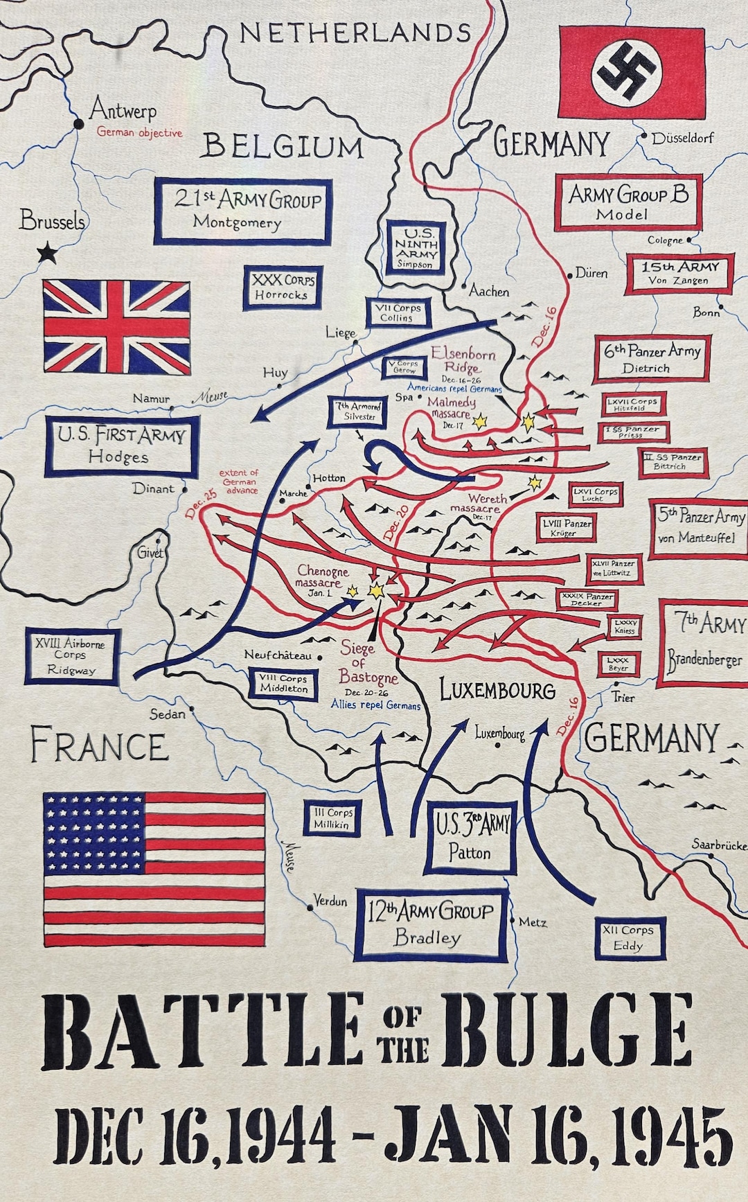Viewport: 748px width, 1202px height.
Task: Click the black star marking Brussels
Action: tap(47, 253)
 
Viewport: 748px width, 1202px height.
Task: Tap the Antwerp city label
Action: tap(123, 110)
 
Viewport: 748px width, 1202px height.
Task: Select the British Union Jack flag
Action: tap(116, 326)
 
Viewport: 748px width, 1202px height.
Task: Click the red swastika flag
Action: tap(631, 73)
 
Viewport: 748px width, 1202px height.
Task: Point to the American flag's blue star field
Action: tap(93, 832)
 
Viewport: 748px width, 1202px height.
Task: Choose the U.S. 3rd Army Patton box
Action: tap(470, 837)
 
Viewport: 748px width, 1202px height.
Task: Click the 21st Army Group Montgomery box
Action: tap(242, 211)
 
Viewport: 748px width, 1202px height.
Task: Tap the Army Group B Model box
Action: tap(628, 202)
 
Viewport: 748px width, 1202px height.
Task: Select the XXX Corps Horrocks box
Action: tap(283, 287)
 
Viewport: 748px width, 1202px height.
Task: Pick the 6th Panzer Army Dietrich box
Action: tap(652, 359)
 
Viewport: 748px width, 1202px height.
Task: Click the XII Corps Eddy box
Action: tap(630, 938)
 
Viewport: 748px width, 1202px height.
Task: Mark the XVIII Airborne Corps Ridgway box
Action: tap(72, 656)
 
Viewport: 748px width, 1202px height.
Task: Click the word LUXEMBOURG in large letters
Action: tap(498, 690)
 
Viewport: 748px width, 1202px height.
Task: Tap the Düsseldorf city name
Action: tap(682, 138)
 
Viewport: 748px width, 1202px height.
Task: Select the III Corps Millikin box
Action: tap(332, 818)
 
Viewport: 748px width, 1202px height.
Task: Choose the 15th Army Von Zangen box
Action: tap(678, 274)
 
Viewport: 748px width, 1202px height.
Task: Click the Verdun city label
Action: tap(330, 901)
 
